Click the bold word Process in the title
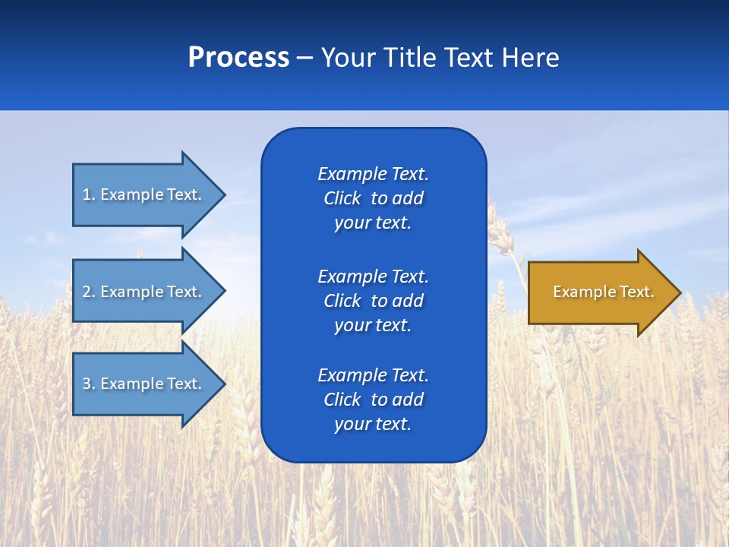pos(238,58)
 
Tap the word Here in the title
pos(531,58)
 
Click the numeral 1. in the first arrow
pos(88,194)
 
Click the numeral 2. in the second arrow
pos(88,292)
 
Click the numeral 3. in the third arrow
pos(88,384)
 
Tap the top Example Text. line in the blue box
pos(373,174)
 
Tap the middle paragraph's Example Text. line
pos(373,277)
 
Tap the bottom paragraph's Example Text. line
pos(373,375)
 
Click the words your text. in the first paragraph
pos(373,223)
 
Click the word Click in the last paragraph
pos(342,400)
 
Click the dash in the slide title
pos(305,58)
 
